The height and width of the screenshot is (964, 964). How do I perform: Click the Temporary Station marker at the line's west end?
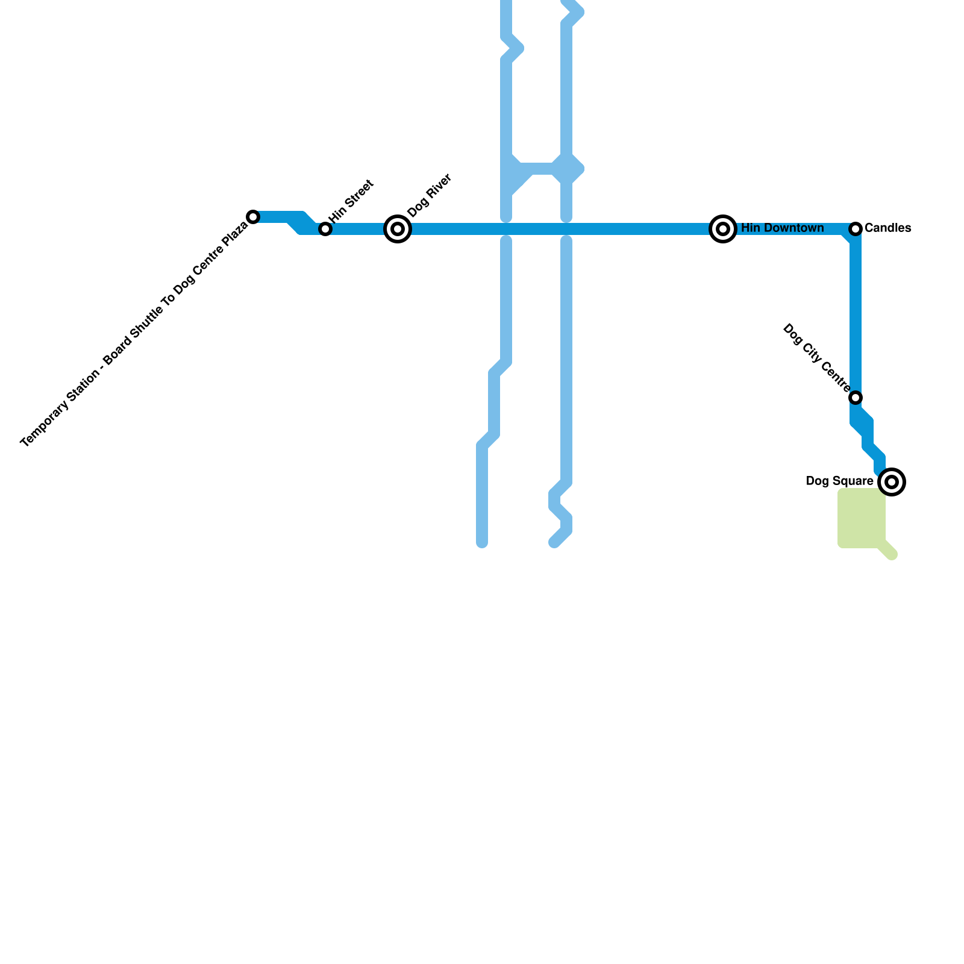tap(254, 217)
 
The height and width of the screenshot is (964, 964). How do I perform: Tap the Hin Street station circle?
tap(325, 229)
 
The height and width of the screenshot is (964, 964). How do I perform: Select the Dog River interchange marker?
tap(398, 229)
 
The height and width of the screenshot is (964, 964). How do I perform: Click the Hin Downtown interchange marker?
tap(723, 229)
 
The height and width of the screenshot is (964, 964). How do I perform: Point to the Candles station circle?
tap(856, 229)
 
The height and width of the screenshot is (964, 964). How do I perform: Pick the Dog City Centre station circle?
tap(856, 398)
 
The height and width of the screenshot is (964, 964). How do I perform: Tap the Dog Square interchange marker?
tap(892, 482)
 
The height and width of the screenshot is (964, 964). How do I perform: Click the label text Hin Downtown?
tap(782, 228)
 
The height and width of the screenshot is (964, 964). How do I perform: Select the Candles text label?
tap(887, 228)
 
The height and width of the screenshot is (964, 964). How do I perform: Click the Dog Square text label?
tap(839, 481)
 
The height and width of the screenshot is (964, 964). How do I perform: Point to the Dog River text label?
tap(430, 196)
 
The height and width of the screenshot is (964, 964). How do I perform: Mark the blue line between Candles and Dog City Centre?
tap(856, 313)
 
